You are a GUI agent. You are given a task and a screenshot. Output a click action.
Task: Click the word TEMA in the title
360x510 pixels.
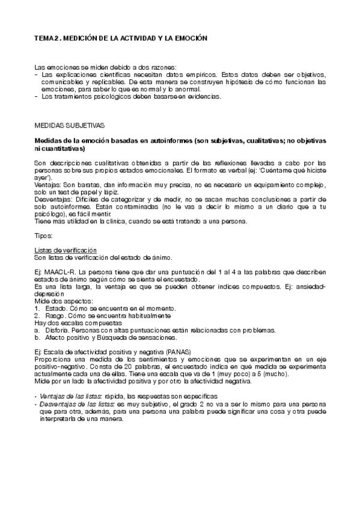[43, 38]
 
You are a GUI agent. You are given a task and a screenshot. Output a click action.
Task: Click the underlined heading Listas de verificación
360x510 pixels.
[66, 250]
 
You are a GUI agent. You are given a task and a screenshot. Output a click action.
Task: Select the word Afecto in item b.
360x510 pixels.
[56, 337]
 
